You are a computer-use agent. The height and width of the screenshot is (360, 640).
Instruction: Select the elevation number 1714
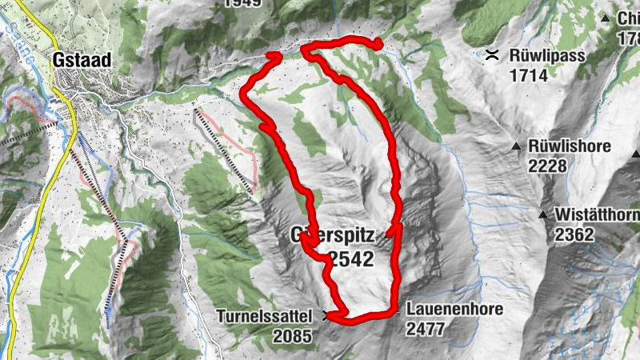pos(528,76)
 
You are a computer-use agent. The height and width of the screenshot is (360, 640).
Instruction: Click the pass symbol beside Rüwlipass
pos(493,55)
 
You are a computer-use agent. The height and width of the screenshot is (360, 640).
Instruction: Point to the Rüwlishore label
pos(570,147)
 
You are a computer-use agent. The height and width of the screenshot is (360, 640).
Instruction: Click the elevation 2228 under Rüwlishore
pos(548,166)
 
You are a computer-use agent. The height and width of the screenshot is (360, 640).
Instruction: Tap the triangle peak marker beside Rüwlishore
pos(517,146)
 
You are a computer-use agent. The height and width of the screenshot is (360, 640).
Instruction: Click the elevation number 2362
pos(574,235)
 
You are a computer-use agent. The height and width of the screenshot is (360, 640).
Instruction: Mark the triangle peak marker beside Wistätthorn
pos(543,214)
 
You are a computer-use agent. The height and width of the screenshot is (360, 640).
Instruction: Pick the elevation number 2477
pos(426,329)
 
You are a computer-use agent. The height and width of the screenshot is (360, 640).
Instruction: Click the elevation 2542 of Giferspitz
pos(350,258)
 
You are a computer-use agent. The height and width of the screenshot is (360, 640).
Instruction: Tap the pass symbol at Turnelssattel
pos(325,315)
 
